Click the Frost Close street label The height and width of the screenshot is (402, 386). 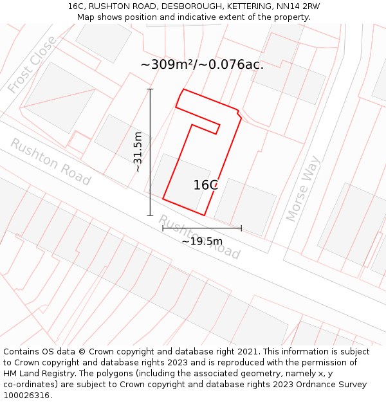click(33, 64)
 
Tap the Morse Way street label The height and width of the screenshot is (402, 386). click(303, 188)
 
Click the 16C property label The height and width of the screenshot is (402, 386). click(206, 185)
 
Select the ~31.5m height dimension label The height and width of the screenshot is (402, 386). click(137, 152)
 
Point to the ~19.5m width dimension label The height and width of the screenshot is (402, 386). click(202, 242)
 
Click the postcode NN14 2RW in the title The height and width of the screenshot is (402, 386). click(297, 6)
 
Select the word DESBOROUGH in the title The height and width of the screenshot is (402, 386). click(193, 6)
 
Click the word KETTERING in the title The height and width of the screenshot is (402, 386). click(248, 6)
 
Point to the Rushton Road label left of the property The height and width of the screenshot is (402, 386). click(50, 161)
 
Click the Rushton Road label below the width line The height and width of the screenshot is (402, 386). click(199, 237)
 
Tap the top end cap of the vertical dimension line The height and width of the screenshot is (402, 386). click(151, 89)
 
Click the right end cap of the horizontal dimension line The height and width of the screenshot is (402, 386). click(241, 228)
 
